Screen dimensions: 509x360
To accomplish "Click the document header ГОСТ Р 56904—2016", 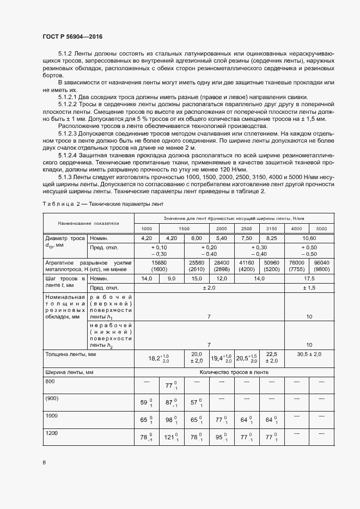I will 72,36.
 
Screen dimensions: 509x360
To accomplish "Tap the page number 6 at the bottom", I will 44,463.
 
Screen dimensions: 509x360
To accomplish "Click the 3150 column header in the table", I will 271,229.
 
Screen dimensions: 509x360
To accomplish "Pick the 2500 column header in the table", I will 246,229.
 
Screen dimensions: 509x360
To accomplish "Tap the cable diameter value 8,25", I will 271,238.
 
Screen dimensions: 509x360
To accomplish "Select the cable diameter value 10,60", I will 309,238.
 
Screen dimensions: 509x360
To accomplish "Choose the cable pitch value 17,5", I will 309,278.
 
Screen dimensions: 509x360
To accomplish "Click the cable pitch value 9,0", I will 172,278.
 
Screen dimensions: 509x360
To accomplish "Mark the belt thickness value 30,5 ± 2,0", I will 309,354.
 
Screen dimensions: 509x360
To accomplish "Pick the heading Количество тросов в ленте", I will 234,372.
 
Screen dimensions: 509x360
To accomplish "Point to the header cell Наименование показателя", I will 89,223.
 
